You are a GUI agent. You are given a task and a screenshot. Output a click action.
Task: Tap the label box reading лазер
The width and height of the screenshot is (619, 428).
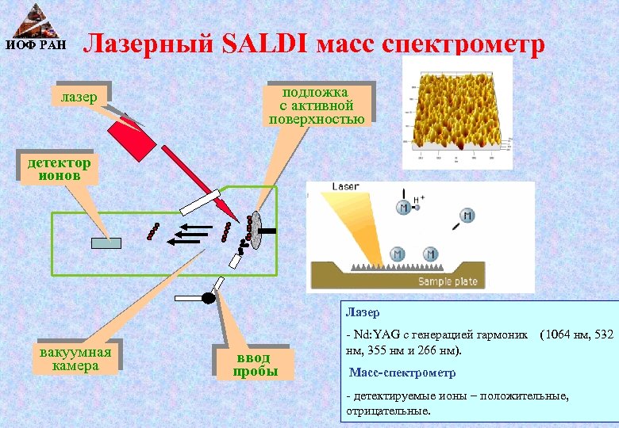pos(78,97)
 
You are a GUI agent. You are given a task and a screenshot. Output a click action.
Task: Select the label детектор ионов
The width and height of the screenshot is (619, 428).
pos(60,169)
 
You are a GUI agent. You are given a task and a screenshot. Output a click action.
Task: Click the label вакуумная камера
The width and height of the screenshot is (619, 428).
pos(75,358)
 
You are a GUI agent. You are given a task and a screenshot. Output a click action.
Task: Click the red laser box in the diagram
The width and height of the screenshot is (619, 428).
pos(132,139)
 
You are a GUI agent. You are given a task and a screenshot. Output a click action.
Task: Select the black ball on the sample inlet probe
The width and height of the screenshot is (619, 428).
pos(209,298)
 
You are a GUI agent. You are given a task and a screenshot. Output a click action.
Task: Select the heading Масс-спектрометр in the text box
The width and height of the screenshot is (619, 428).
pos(402,373)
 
